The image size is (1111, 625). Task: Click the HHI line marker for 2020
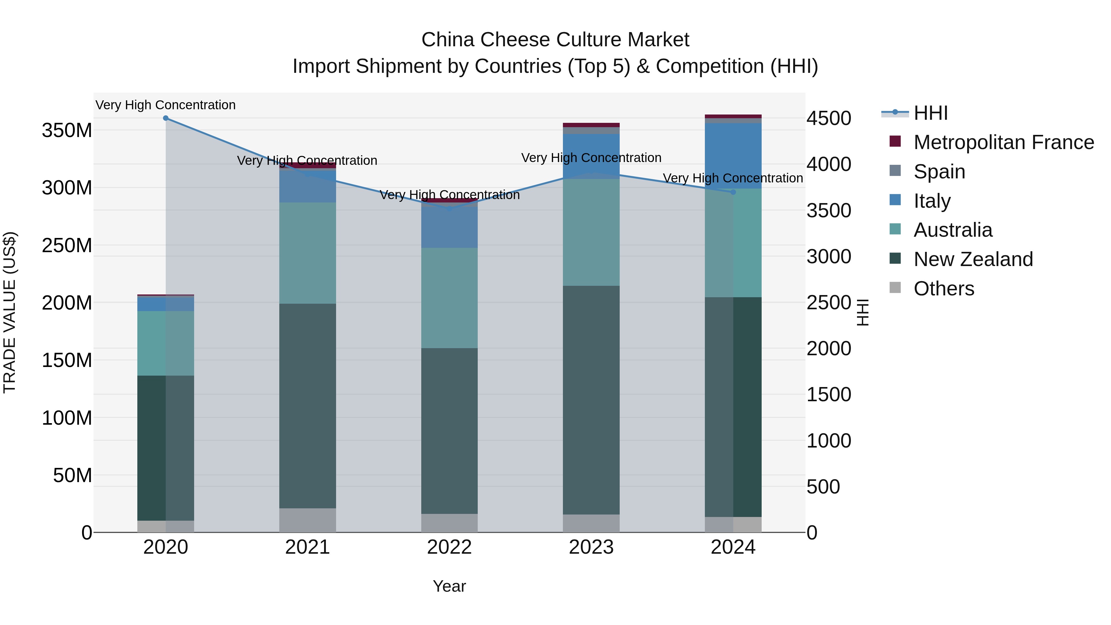pyautogui.click(x=166, y=118)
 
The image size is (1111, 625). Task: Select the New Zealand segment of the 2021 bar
pyautogui.click(x=307, y=406)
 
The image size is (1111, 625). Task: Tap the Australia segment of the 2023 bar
pyautogui.click(x=591, y=232)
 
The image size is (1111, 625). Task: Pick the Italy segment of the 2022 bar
pyautogui.click(x=449, y=227)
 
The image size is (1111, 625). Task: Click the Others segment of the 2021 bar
pyautogui.click(x=307, y=520)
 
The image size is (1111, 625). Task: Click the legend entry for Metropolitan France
pyautogui.click(x=1003, y=142)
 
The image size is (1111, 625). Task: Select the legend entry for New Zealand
pyautogui.click(x=973, y=259)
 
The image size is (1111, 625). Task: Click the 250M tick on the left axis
pyautogui.click(x=67, y=245)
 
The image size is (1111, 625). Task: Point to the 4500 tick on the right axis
pyautogui.click(x=829, y=119)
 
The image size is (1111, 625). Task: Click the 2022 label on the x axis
pyautogui.click(x=449, y=547)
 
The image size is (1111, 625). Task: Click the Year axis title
pyautogui.click(x=449, y=586)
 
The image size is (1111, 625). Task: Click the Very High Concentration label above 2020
pyautogui.click(x=166, y=105)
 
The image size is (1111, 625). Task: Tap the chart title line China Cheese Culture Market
pyautogui.click(x=555, y=40)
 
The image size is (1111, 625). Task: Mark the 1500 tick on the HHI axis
pyautogui.click(x=829, y=395)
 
